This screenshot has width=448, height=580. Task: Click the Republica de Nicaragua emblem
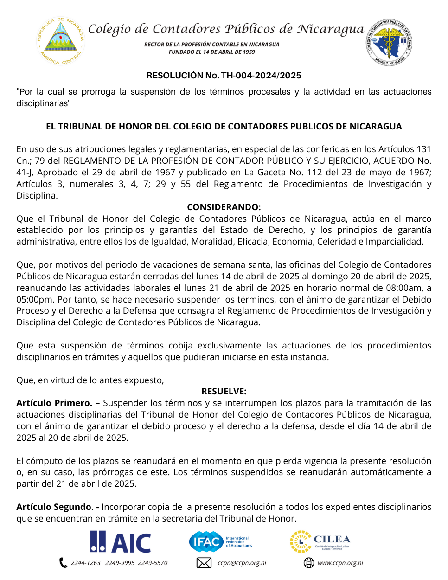(x=61, y=41)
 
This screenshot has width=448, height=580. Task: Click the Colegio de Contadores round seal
(x=389, y=42)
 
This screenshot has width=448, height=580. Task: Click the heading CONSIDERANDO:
(x=224, y=207)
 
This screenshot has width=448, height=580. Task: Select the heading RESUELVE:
(x=224, y=391)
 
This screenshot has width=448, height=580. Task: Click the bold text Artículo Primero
(x=54, y=403)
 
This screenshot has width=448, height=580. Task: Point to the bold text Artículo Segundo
(x=55, y=507)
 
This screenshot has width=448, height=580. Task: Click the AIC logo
(x=121, y=542)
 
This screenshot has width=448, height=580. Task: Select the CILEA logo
(x=320, y=542)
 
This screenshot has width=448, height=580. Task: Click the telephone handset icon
(x=63, y=563)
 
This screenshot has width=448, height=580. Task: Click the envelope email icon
(x=204, y=563)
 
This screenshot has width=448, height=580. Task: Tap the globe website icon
(x=309, y=563)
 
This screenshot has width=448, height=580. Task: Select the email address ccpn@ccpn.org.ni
(x=242, y=563)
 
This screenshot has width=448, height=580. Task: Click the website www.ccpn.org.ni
(x=340, y=563)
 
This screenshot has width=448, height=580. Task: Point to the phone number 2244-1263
(x=86, y=563)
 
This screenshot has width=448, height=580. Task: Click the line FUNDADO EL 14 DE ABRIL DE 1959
(x=211, y=52)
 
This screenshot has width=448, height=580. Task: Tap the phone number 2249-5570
(x=153, y=563)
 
